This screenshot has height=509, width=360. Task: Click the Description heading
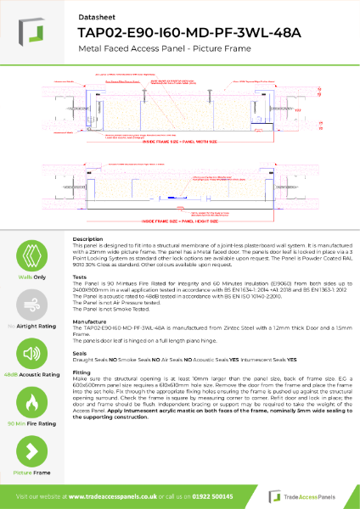click(87, 240)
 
